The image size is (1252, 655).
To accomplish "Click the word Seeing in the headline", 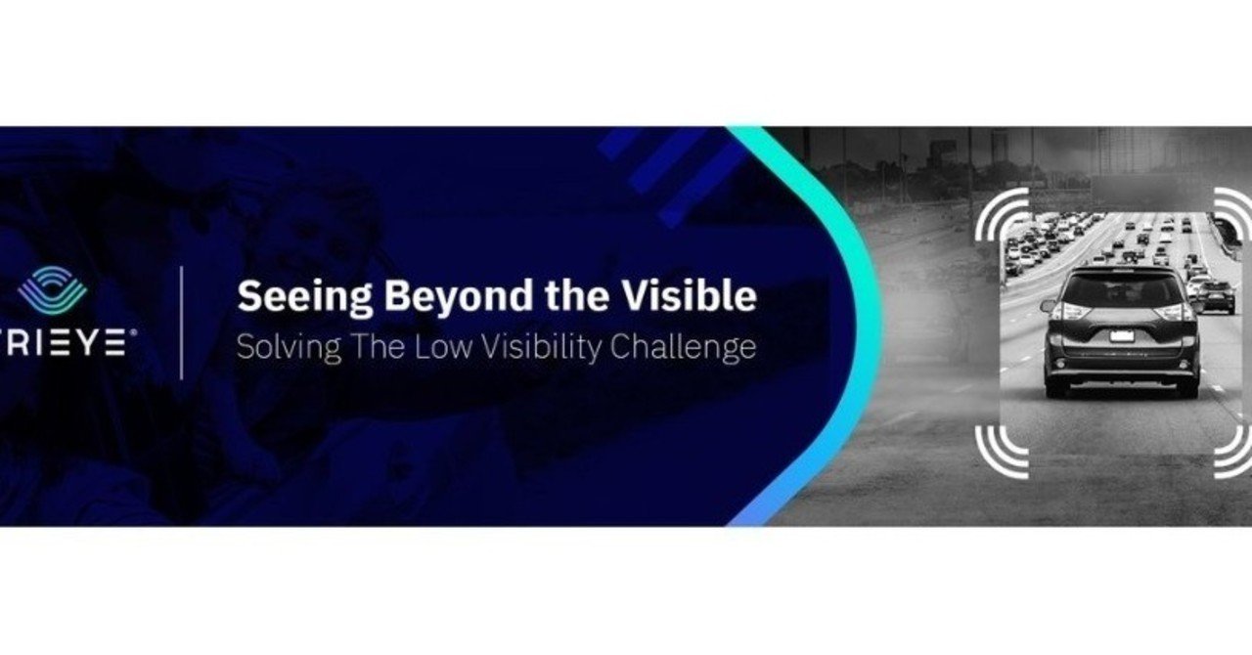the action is coord(304,297).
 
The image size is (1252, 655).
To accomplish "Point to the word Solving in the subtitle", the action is coord(289,348).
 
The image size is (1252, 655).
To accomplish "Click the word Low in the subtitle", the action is coord(443,346).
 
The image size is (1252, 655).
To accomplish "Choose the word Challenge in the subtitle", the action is coord(683,348).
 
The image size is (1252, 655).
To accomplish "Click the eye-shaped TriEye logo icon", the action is coord(53,290).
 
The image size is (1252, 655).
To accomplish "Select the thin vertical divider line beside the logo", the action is coord(182,323).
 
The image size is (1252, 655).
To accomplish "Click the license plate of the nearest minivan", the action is coord(1121,336).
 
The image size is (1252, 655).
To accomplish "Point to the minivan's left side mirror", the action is coord(1048,306).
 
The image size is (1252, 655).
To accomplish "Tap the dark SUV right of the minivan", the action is coord(1218,296).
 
